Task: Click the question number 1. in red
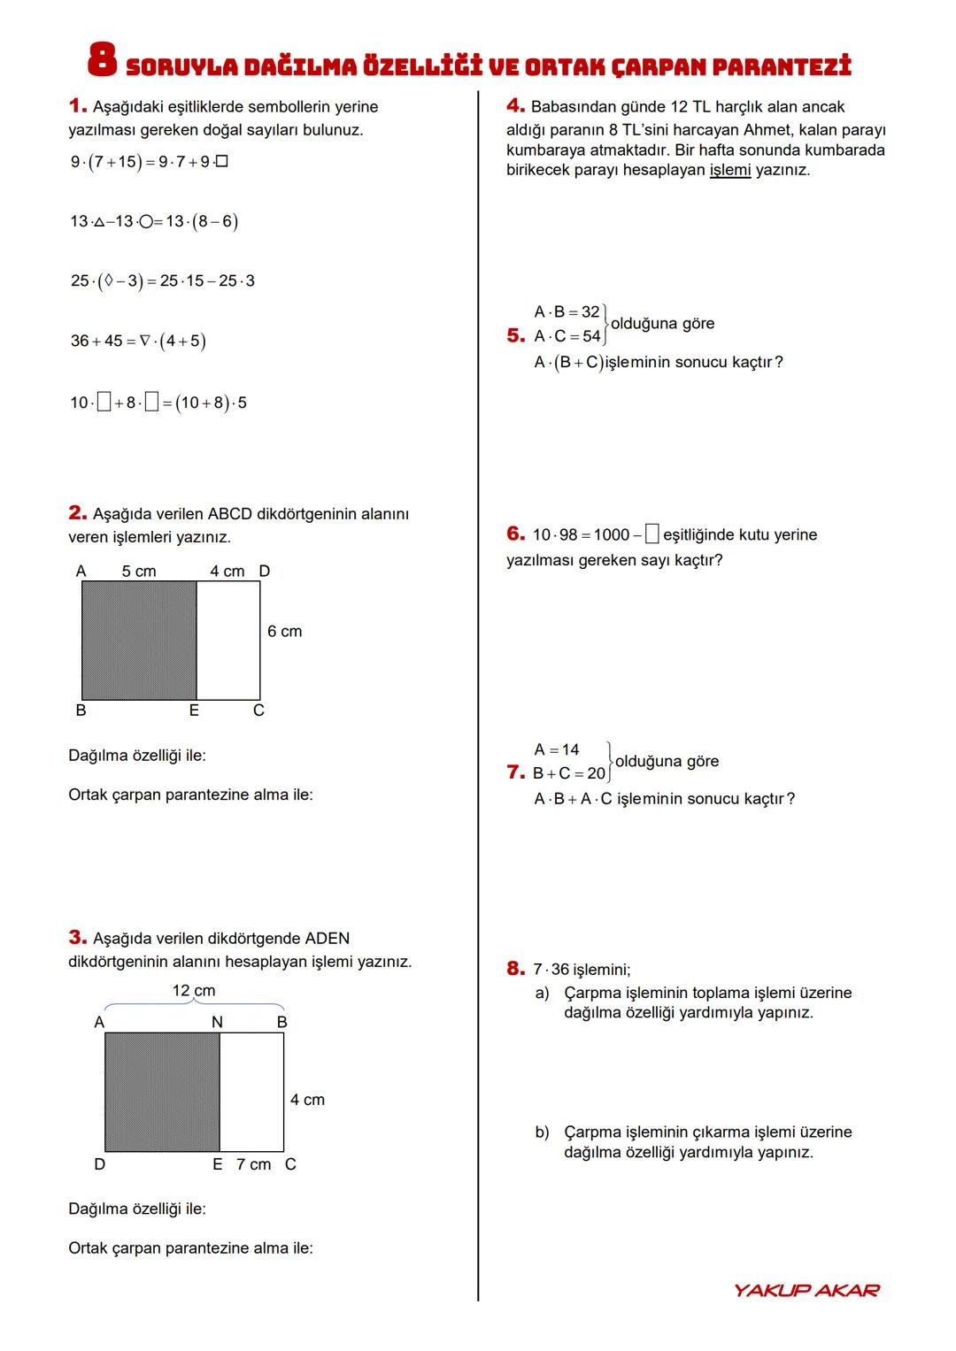coord(78,106)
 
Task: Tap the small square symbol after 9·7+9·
coord(222,162)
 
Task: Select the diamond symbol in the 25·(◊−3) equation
coord(108,280)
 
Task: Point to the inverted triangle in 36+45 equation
coord(145,341)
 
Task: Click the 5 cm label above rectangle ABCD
coord(139,572)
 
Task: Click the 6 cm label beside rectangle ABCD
coord(284,631)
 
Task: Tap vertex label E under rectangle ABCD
coord(194,710)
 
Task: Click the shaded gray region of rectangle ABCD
coord(139,640)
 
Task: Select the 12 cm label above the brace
coord(194,990)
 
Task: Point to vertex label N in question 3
coord(217,1022)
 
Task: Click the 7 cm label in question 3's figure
coord(253,1164)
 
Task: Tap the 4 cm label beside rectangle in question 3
coord(307,1100)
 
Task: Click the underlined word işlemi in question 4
coord(729,170)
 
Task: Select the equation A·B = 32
coord(567,311)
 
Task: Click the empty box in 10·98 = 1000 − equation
coord(651,534)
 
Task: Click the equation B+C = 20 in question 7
coord(569,773)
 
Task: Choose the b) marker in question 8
coord(542,1132)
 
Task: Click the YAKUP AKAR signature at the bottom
coord(806,1290)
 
